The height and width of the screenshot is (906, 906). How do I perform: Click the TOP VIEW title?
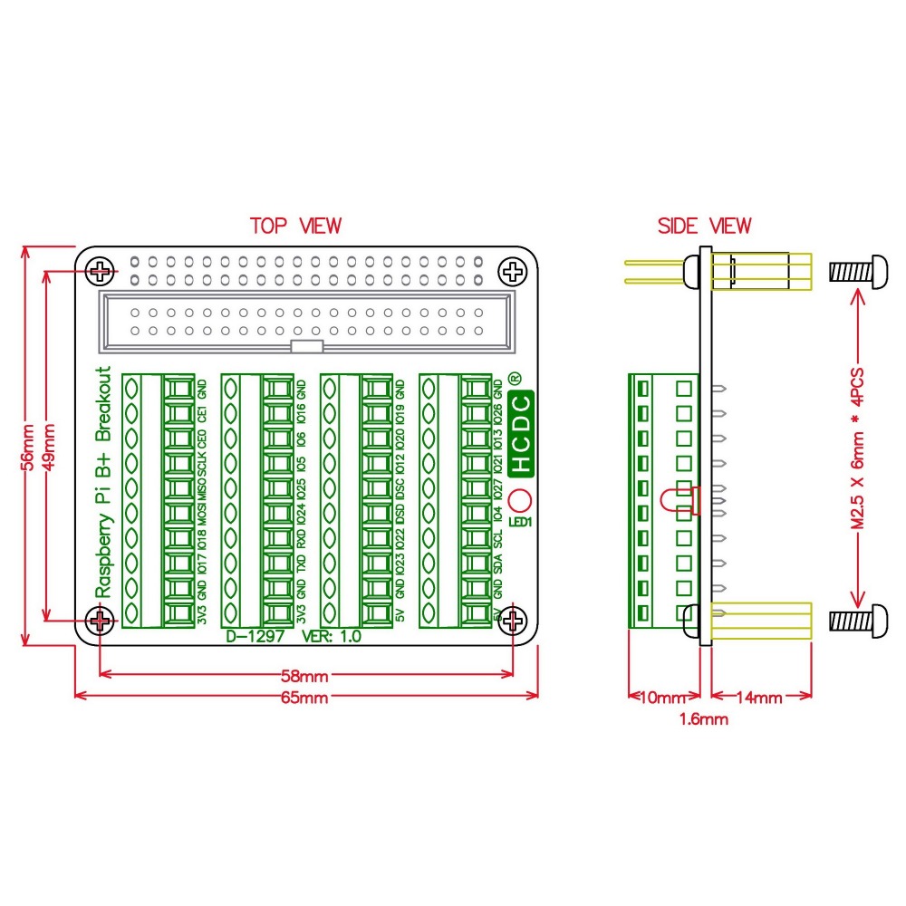click(295, 226)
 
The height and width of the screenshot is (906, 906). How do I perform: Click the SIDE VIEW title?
click(704, 226)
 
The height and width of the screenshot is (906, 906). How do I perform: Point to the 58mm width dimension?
click(304, 676)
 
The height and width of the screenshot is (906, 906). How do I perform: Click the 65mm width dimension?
click(304, 698)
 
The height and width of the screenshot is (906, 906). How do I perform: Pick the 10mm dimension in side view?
click(662, 698)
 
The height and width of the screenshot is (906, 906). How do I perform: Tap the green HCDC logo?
click(522, 434)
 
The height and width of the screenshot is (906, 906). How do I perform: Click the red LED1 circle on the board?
click(521, 501)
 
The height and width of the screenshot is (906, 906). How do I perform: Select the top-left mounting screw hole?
click(101, 270)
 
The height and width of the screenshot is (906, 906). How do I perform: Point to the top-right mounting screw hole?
click(514, 270)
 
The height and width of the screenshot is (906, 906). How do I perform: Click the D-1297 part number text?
click(256, 636)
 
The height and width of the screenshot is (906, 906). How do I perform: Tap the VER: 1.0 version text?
click(331, 636)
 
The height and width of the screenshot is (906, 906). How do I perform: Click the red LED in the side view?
click(677, 499)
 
